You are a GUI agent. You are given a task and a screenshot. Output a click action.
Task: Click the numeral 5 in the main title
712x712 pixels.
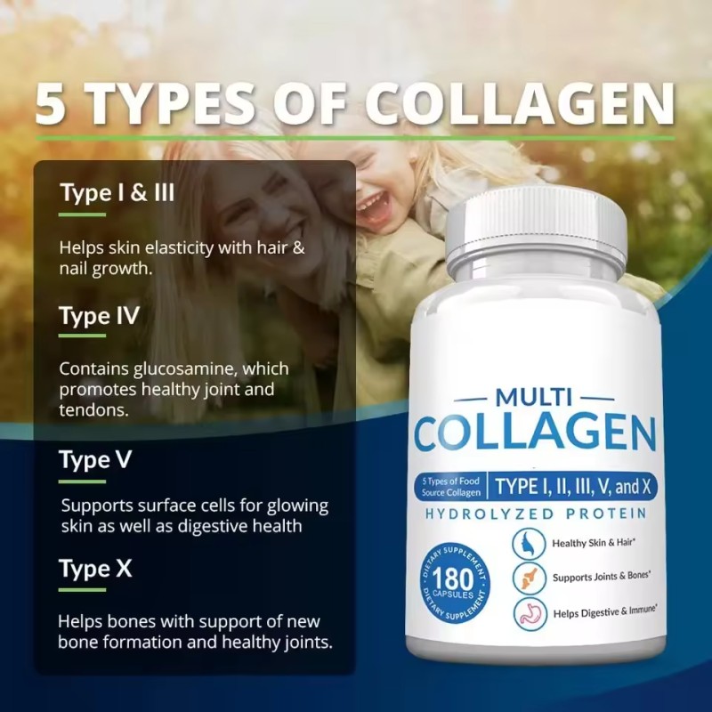click(52, 105)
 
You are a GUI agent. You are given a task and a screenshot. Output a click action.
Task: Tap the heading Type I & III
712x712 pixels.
click(117, 192)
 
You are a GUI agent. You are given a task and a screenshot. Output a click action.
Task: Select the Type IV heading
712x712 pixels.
click(98, 316)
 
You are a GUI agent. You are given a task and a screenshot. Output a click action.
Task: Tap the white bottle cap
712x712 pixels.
click(536, 229)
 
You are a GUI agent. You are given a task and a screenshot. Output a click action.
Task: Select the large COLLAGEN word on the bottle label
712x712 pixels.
click(535, 433)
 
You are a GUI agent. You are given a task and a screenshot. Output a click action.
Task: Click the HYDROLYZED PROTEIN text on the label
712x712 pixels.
click(536, 514)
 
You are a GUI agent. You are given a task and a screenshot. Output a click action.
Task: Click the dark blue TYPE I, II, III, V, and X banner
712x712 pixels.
click(570, 486)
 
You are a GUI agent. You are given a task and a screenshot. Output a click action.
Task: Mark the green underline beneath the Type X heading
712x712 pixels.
click(82, 590)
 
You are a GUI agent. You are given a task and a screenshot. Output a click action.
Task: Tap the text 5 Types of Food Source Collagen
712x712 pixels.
click(451, 486)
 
